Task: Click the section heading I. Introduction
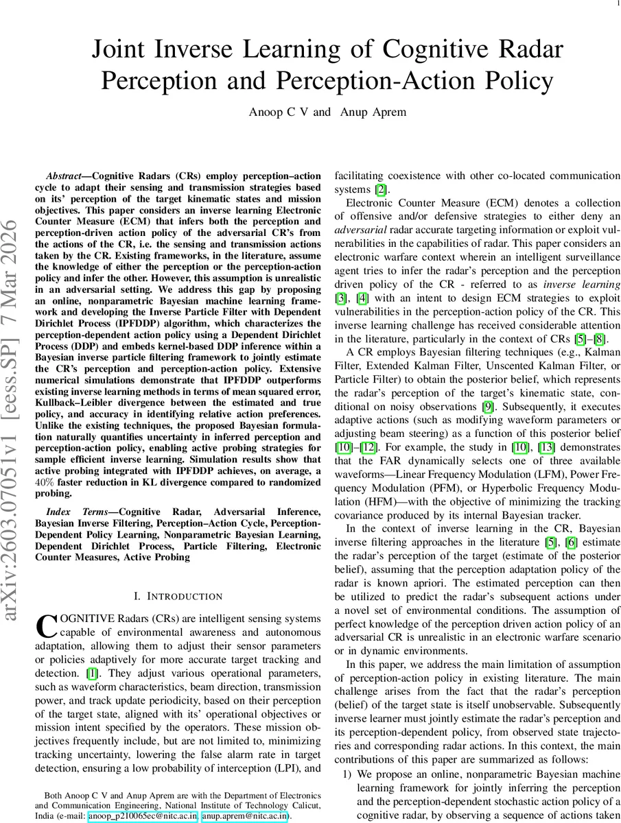[x=178, y=596]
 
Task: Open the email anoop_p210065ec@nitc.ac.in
[x=143, y=816]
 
